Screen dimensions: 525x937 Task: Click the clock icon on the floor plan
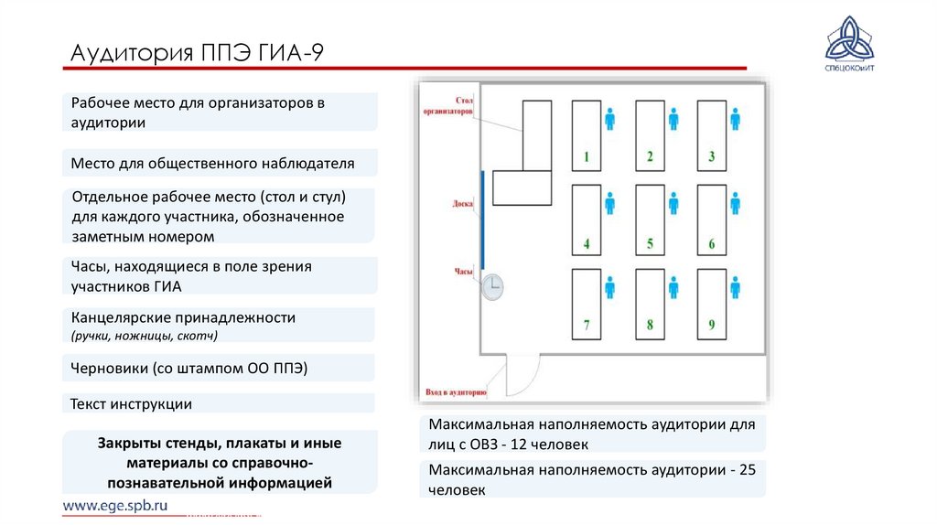pyautogui.click(x=492, y=287)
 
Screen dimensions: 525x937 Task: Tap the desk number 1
pyautogui.click(x=587, y=135)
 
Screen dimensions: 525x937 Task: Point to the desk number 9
pyautogui.click(x=712, y=304)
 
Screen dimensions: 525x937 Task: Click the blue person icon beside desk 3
pyautogui.click(x=735, y=119)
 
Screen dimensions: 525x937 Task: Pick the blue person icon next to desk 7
pyautogui.click(x=610, y=288)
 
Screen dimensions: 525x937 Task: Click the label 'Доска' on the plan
pyautogui.click(x=462, y=204)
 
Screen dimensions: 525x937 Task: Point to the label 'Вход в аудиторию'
pyautogui.click(x=456, y=392)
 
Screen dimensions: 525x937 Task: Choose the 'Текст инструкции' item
pyautogui.click(x=132, y=403)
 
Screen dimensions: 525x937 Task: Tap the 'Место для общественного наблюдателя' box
pyautogui.click(x=212, y=164)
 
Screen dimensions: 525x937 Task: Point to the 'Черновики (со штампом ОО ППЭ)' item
pyautogui.click(x=188, y=368)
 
